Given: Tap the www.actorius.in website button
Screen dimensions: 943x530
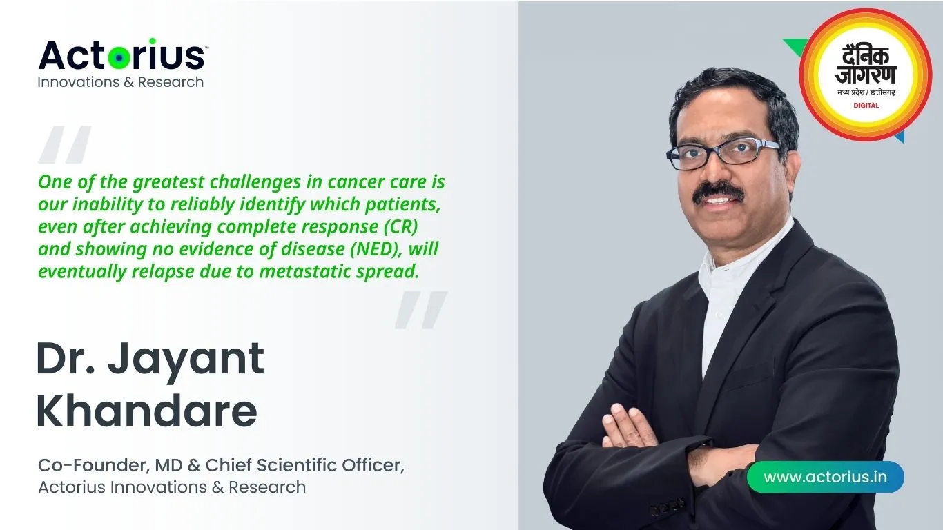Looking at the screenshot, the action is pos(825,477).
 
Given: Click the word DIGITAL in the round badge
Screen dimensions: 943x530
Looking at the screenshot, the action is pos(866,106).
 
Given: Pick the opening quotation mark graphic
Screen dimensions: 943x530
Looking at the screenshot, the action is pos(64,144).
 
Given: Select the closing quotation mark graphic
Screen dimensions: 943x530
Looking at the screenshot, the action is pos(421,310).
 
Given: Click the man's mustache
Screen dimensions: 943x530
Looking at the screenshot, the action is pos(719,192).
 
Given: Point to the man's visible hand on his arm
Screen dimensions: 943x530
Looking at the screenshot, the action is pos(630,426).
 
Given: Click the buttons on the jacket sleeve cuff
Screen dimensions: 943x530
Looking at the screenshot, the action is pos(668,507).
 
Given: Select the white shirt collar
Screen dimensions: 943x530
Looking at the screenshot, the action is pos(741,257).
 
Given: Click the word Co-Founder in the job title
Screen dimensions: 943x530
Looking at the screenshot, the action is pos(93,465).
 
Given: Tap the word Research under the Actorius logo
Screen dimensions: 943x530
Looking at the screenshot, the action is pos(171,81).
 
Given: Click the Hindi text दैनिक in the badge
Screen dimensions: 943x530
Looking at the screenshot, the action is pos(866,57).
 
